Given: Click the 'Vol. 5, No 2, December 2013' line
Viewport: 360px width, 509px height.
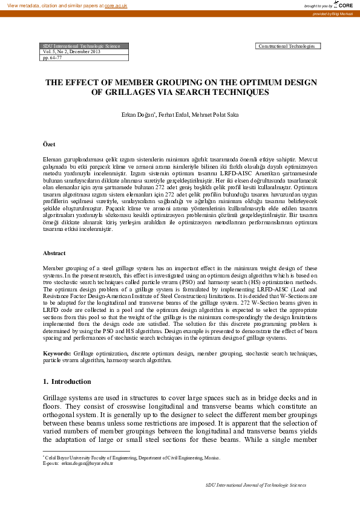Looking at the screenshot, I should (x=69, y=52).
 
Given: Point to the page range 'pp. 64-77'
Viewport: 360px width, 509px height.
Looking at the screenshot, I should (x=53, y=58).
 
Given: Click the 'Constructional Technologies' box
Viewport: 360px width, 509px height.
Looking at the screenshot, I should (x=288, y=46).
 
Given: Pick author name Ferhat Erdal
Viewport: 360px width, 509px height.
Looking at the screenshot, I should (x=174, y=114).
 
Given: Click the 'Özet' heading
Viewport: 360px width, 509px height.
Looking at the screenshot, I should (x=49, y=144).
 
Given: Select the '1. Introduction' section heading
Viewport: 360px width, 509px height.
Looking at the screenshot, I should (x=67, y=381).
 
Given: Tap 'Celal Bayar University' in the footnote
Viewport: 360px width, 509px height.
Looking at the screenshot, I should (x=70, y=458).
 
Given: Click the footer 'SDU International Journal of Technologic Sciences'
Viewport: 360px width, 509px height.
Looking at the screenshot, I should (x=256, y=485).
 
